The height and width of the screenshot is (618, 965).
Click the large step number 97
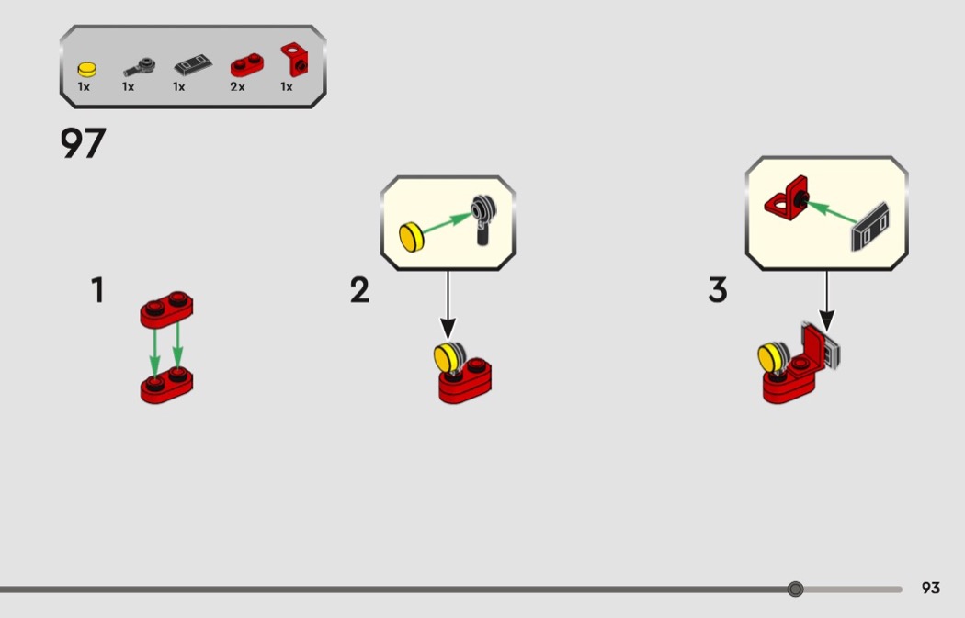coord(84,144)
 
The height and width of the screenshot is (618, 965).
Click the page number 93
coord(931,589)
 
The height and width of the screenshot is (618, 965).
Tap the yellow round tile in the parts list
coord(86,68)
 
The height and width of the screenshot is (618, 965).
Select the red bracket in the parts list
coord(294,61)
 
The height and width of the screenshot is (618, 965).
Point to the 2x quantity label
coord(237,87)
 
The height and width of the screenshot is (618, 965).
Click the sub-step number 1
coord(97,291)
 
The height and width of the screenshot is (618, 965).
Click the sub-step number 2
coord(359,291)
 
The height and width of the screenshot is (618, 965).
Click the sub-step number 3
coord(718,291)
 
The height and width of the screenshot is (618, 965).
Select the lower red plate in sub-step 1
coord(166,387)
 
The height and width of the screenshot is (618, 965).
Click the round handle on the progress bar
coord(796,589)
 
